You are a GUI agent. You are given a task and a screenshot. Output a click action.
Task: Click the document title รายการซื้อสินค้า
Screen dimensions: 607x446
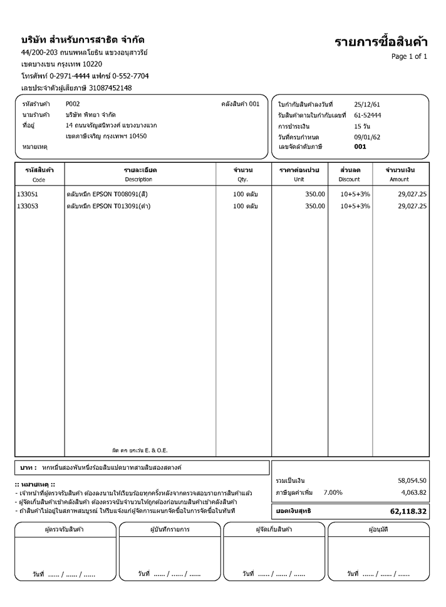381,42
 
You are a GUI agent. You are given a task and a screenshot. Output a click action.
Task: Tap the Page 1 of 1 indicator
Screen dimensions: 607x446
409,56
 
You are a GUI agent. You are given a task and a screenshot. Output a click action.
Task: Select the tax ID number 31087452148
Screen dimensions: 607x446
110,88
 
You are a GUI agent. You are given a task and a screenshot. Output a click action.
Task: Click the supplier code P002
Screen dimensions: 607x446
73,104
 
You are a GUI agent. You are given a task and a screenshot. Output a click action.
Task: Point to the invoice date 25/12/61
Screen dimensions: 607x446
367,104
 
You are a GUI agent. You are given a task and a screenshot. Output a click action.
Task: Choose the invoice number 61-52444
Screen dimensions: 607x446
368,115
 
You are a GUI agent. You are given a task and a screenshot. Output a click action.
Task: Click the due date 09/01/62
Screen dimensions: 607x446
367,137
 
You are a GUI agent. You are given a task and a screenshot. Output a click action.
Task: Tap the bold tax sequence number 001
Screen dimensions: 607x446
360,147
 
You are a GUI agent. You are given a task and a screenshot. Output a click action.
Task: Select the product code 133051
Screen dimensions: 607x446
28,194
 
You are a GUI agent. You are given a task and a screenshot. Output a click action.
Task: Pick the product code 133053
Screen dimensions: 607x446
28,206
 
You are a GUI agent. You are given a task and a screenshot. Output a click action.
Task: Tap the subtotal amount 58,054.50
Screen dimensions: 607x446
412,480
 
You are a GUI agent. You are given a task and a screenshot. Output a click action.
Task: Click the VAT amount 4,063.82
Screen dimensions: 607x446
413,492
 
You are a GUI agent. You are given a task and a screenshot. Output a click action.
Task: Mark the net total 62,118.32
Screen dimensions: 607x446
408,512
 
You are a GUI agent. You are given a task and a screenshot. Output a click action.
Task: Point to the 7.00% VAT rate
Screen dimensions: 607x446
333,492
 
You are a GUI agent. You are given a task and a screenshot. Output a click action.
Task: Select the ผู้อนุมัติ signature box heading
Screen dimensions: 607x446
378,529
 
